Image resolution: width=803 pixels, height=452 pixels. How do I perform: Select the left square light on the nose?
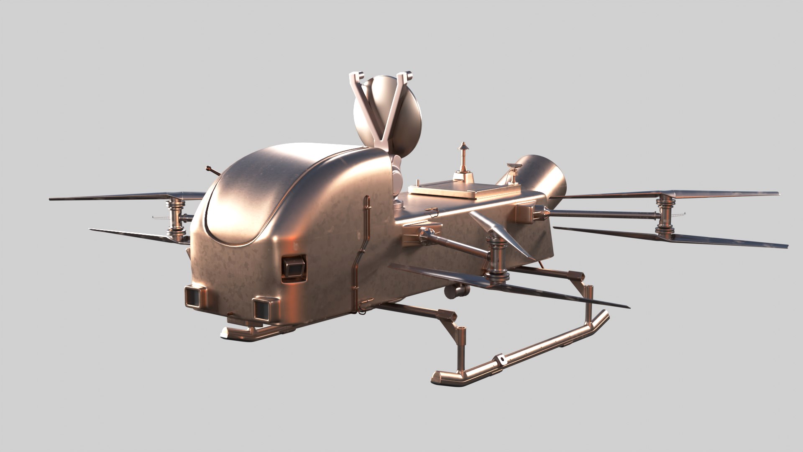[x=194, y=296]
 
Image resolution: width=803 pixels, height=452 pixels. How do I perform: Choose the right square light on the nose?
[x=263, y=308]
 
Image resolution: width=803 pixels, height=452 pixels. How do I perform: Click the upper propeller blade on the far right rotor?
[x=711, y=195]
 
